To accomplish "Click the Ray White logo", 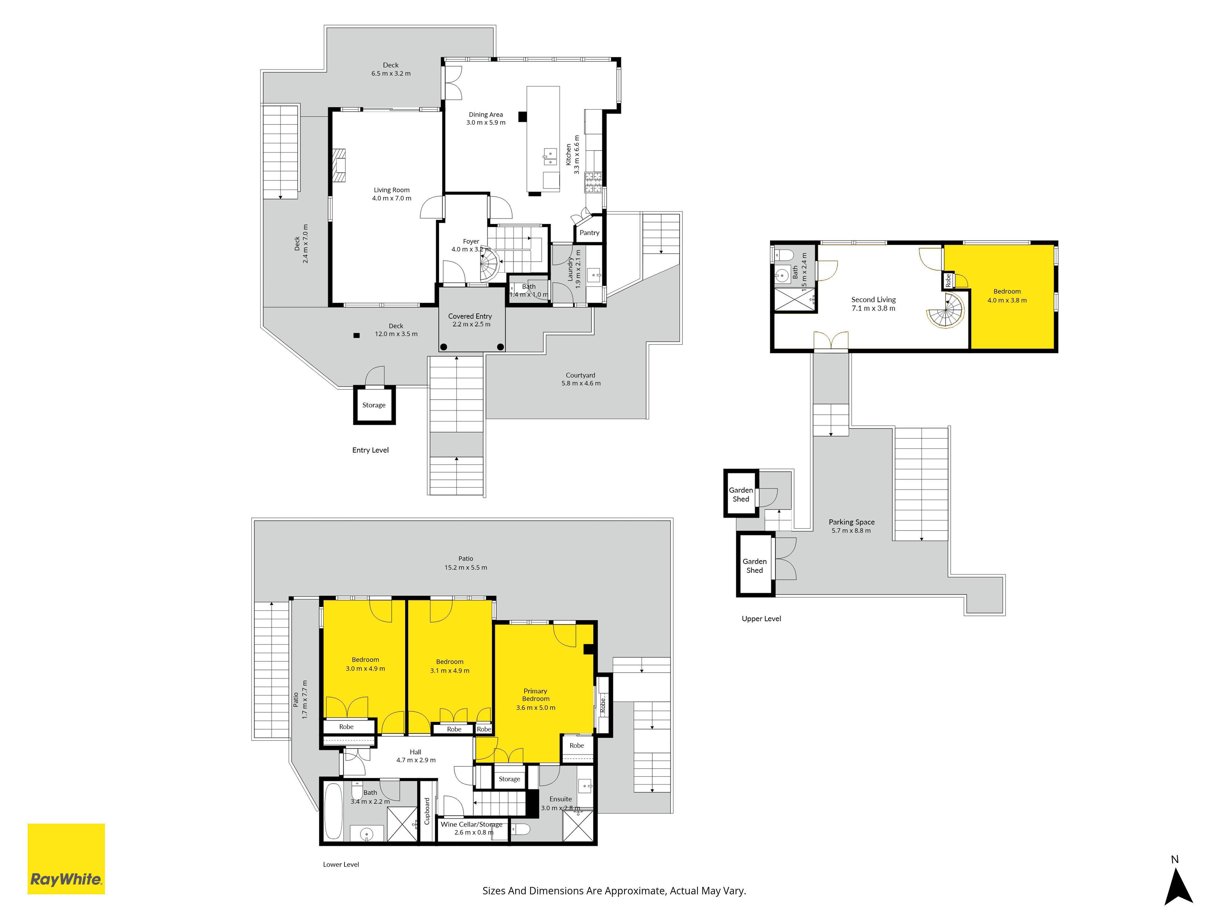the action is click(66, 859).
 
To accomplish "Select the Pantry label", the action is click(590, 233).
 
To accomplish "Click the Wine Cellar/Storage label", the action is click(472, 824).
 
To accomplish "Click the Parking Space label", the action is click(852, 522).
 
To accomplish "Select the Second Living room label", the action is click(874, 300).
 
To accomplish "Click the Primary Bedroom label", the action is click(536, 695).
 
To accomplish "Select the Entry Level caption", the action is click(371, 450).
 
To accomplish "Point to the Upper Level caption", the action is click(761, 619).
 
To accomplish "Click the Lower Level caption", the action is click(341, 864).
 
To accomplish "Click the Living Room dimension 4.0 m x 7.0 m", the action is click(392, 199).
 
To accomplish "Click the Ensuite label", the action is click(561, 799).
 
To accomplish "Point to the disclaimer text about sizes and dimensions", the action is click(614, 891).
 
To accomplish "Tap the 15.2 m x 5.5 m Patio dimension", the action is click(465, 567).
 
